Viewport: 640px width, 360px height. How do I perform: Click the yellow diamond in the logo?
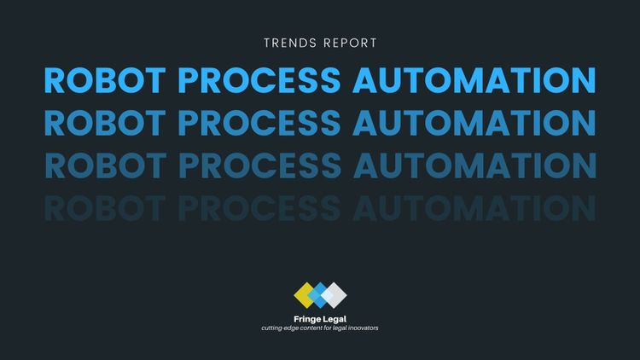305,294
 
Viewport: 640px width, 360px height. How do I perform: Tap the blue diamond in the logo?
319,294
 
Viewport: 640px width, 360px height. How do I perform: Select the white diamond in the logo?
334,294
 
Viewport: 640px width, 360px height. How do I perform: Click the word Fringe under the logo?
307,319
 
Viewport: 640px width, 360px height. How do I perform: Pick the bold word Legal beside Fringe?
335,319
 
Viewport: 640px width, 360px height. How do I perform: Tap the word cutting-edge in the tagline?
281,328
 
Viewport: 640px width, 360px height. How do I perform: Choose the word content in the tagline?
315,328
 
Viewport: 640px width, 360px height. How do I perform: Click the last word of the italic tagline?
362,328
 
